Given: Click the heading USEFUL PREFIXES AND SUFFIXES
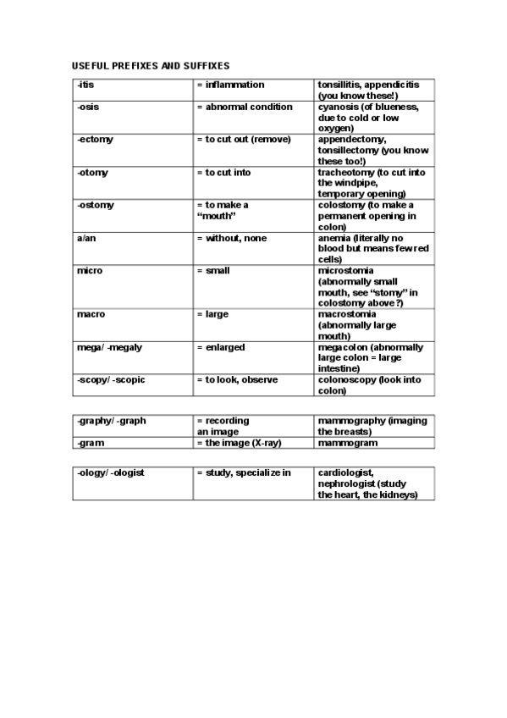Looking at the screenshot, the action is pos(151,65).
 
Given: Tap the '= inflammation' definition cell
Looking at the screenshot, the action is pos(230,86).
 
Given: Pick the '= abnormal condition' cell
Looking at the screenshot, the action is pos(244,108).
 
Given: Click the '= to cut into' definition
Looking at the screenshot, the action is pos(223,173).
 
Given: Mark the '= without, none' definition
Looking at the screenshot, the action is pos(231,239).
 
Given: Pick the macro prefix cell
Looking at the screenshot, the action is pos(91,314).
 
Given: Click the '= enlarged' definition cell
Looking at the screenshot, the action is pos(220,347).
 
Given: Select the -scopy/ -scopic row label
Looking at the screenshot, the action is pos(111,380).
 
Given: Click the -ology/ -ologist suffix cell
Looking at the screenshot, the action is pos(110,472).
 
